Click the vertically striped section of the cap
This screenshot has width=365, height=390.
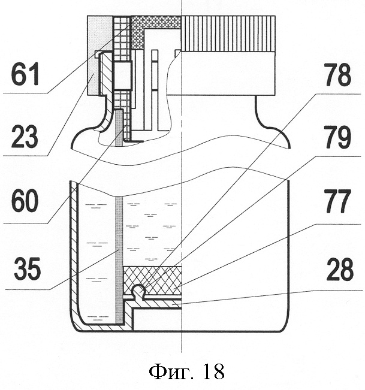228,33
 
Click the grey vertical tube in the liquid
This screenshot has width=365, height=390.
119,252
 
